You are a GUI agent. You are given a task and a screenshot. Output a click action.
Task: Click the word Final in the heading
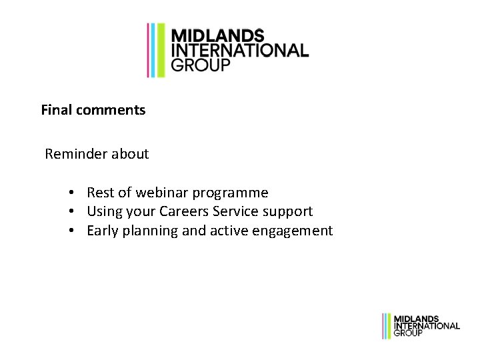[x=57, y=110]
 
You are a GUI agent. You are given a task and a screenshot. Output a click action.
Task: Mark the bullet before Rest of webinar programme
[x=70, y=193]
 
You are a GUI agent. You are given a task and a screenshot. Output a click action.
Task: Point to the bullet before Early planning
[x=70, y=231]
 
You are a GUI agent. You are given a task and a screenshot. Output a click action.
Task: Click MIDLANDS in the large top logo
[x=218, y=36]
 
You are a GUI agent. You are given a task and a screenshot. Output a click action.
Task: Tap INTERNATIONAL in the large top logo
[x=240, y=51]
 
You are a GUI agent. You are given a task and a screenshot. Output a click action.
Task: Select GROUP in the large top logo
[x=201, y=65]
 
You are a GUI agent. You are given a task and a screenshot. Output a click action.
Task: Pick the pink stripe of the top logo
[x=149, y=50]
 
